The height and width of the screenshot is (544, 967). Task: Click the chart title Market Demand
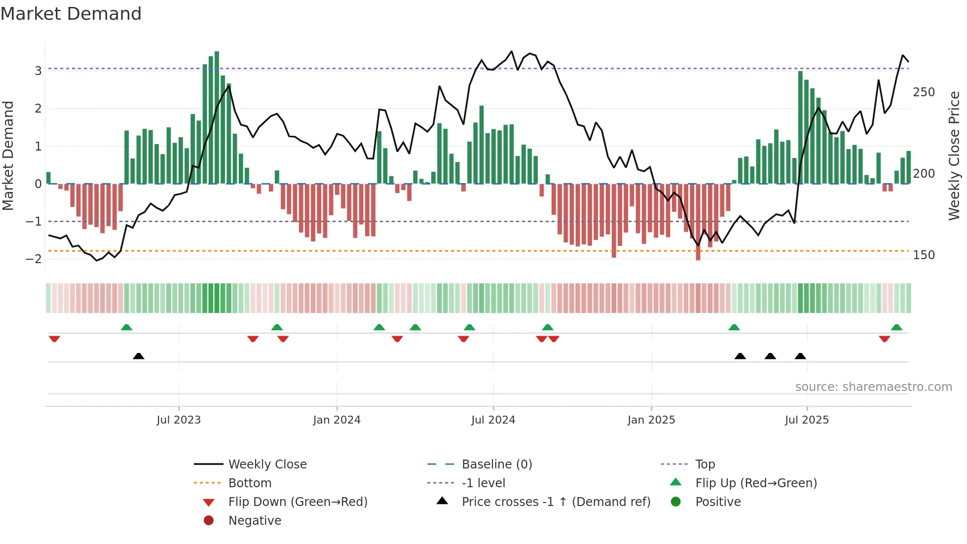tap(71, 14)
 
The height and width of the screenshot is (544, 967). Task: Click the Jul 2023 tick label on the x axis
tap(179, 420)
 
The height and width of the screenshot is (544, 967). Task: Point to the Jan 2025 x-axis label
tap(651, 420)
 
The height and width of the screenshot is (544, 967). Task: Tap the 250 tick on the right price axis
tap(924, 92)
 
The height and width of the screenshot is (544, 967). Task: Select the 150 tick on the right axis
tap(924, 255)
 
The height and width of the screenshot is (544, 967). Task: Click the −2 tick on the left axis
tap(34, 259)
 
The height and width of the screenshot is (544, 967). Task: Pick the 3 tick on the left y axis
tap(38, 71)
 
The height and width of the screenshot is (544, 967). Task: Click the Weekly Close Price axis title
tap(954, 155)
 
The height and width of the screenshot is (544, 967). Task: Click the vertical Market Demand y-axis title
tap(8, 155)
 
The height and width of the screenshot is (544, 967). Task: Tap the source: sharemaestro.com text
tap(873, 387)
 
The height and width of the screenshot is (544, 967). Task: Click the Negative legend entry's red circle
tap(209, 521)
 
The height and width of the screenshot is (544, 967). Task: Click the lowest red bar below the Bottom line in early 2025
tap(698, 222)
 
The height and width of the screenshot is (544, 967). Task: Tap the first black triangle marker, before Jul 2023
tap(139, 356)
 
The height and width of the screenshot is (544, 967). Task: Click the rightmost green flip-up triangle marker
tap(896, 327)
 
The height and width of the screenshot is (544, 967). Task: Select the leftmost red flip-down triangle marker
tap(54, 339)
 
